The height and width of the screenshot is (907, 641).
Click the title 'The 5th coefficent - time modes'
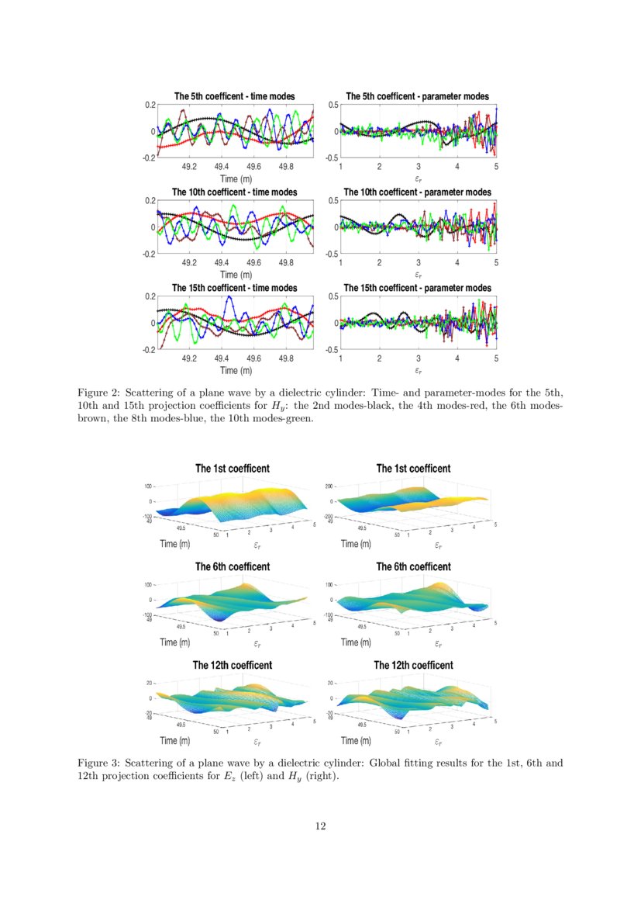click(236, 96)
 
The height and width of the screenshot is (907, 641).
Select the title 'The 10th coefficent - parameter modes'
click(417, 192)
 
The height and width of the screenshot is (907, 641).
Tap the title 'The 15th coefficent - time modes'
click(235, 288)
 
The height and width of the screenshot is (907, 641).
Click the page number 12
click(320, 826)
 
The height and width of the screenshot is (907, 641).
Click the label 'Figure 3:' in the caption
click(98, 763)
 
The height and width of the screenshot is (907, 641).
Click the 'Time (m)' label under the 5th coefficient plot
click(236, 179)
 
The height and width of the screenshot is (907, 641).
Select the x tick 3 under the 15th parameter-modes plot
click(418, 358)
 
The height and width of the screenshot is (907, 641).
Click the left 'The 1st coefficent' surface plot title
click(233, 469)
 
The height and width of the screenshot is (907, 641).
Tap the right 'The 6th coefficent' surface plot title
click(413, 567)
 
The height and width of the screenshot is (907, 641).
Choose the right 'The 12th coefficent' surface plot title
click(413, 666)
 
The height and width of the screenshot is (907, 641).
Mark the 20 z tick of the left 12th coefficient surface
click(149, 683)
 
